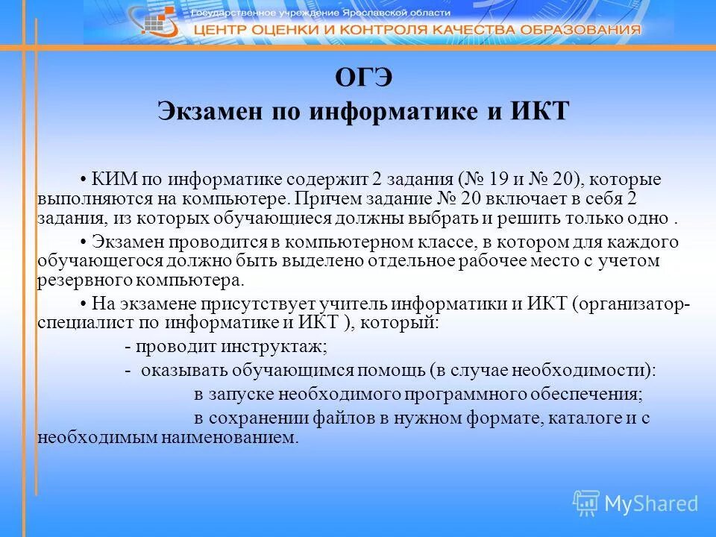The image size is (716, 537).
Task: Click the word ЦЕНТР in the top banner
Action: (x=225, y=30)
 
